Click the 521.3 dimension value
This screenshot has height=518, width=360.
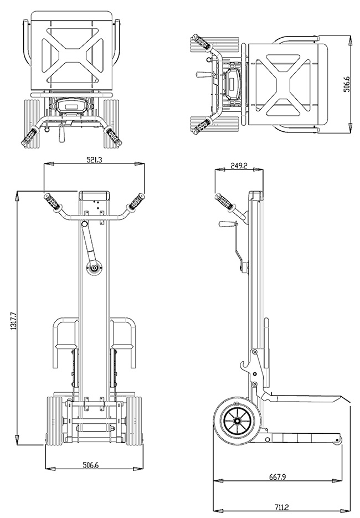94,159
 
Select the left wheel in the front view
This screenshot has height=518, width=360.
54,421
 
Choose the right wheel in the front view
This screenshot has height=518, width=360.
133,421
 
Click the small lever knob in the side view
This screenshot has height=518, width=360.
225,224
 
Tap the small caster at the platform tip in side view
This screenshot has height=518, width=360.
337,440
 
